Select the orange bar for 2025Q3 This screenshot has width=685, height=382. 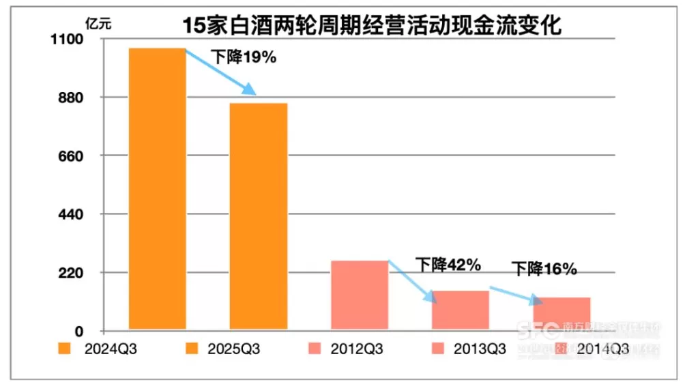259,216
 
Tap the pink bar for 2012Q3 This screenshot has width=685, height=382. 359,295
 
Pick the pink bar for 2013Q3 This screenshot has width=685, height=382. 461,310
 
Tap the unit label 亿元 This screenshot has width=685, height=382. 97,21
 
